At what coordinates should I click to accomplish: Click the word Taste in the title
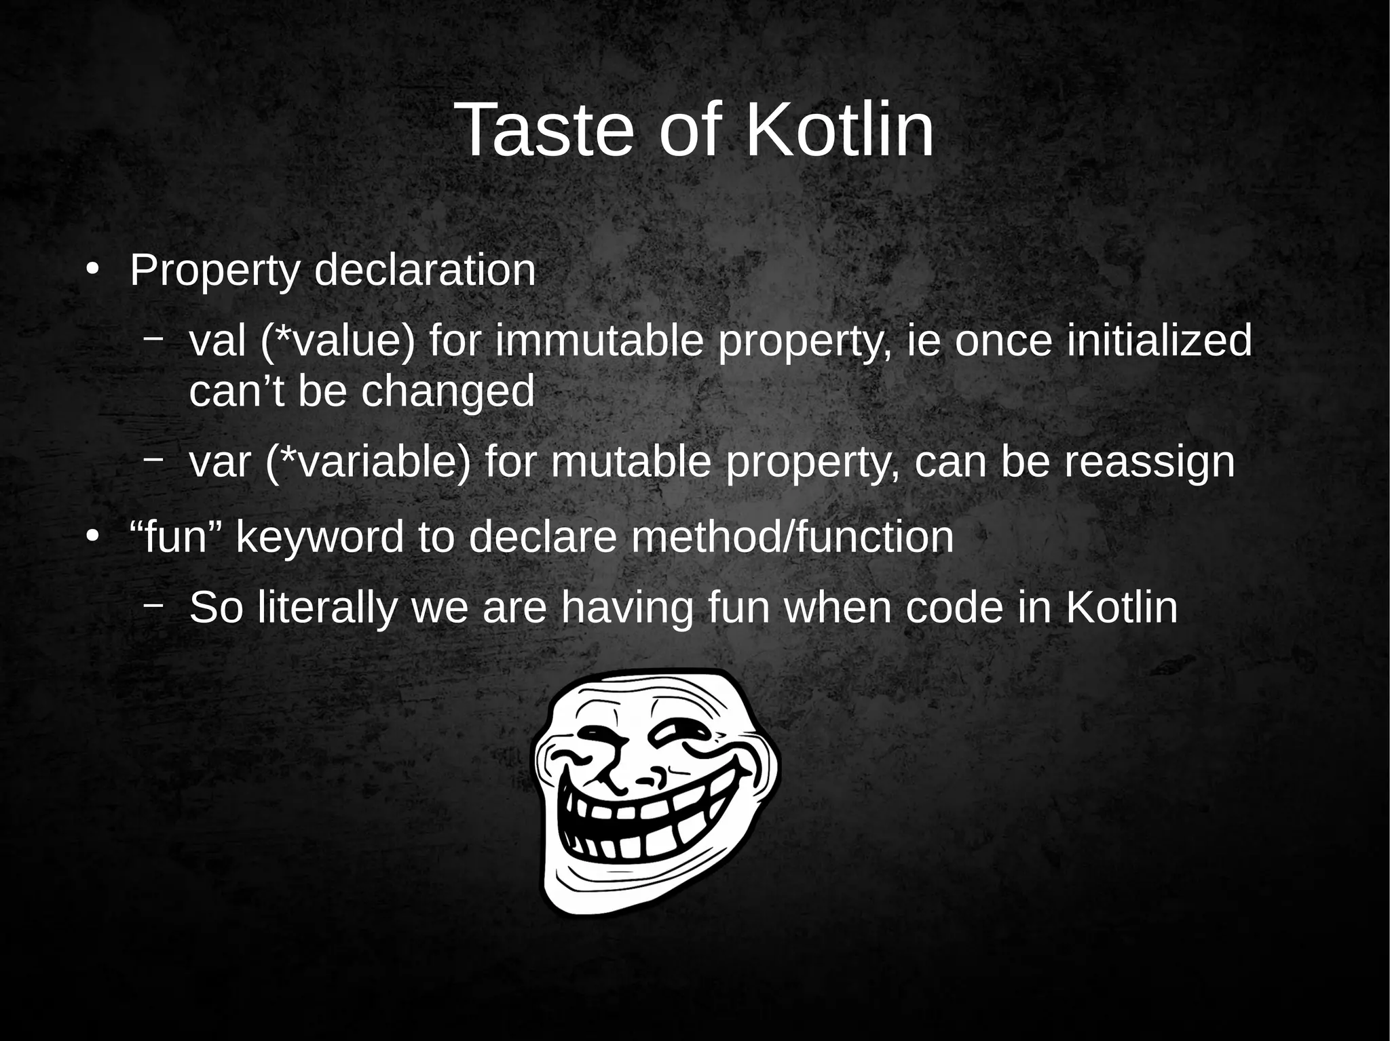[x=546, y=130]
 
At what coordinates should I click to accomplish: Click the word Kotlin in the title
[x=840, y=130]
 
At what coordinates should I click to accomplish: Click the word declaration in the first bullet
[x=425, y=271]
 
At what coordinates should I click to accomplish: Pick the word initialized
[x=1159, y=341]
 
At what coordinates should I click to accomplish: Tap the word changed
[x=448, y=391]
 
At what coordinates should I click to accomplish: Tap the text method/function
[x=791, y=536]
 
